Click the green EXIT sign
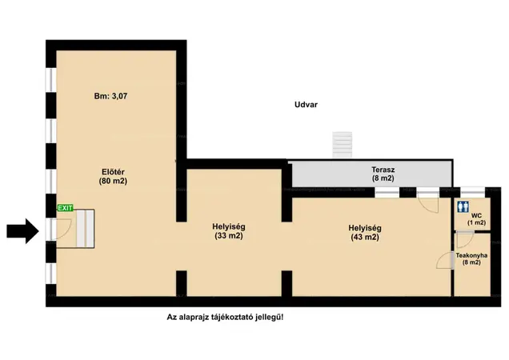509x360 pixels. [66, 208]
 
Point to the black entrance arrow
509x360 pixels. [22, 231]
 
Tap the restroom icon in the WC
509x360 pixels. [463, 206]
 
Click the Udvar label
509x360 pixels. [306, 105]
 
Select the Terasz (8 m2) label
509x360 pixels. [383, 174]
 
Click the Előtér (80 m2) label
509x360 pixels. [113, 177]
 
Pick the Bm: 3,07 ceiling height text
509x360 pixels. [110, 96]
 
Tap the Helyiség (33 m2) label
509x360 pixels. [229, 231]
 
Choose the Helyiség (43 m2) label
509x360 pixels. [365, 233]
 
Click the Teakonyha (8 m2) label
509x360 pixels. [471, 258]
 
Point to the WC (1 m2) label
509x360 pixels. [476, 219]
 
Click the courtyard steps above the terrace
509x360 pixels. [343, 145]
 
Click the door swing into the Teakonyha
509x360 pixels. [445, 260]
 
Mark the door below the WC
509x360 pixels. [466, 240]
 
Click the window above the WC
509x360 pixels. [473, 192]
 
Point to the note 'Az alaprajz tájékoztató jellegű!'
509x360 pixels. [225, 317]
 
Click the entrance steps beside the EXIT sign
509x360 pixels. [86, 229]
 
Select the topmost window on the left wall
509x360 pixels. [51, 80]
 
